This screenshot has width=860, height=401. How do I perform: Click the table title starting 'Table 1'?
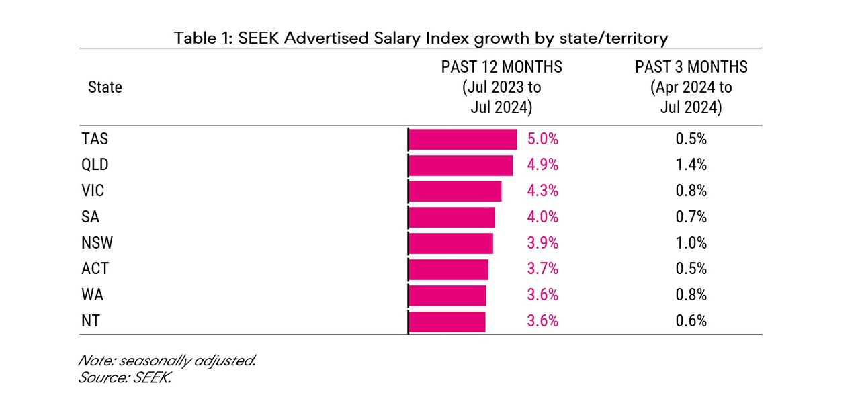click(421, 38)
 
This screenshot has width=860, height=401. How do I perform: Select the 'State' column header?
click(105, 87)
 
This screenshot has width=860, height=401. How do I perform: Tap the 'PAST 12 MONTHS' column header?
click(501, 87)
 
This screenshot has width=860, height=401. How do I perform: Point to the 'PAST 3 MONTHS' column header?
click(691, 87)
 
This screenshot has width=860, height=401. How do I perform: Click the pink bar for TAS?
click(462, 140)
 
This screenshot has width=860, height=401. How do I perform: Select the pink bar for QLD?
click(460, 165)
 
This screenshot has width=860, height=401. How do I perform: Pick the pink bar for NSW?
click(450, 243)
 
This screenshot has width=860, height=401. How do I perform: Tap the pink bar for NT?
click(446, 321)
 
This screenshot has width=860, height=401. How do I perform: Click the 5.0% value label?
click(543, 140)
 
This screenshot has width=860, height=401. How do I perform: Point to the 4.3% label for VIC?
click(543, 191)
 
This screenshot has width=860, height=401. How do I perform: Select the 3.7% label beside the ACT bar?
click(543, 269)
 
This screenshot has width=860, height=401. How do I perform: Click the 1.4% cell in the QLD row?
click(691, 165)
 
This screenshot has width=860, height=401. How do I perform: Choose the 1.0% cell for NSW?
click(691, 243)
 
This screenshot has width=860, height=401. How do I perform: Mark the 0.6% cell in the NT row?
click(691, 321)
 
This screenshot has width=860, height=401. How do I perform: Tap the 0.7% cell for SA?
click(691, 217)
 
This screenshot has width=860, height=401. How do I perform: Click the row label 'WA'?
click(93, 295)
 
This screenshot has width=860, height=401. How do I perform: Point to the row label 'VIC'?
click(93, 191)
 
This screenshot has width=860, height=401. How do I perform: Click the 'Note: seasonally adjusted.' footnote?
click(167, 361)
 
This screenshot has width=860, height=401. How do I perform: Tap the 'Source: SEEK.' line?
click(125, 377)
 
